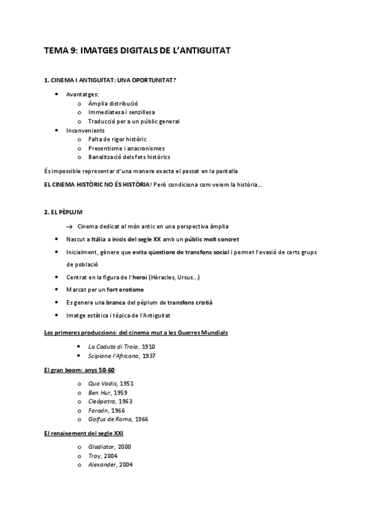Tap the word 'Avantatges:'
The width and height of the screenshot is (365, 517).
(x=82, y=94)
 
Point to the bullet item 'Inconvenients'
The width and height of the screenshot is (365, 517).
(x=85, y=130)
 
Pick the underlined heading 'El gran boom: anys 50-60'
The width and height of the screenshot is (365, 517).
(x=79, y=370)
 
